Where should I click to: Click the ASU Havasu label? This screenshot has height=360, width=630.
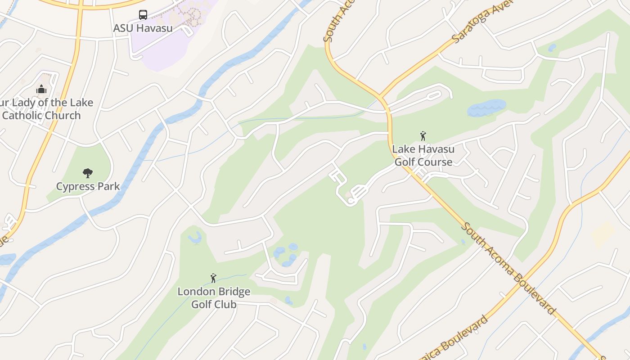(x=143, y=28)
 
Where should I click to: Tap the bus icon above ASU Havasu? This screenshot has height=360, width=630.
(x=143, y=15)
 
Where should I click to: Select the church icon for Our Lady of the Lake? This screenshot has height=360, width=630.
(x=41, y=89)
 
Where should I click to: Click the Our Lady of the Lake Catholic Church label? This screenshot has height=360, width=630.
(x=45, y=109)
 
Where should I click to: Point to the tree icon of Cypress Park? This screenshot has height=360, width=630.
(x=88, y=173)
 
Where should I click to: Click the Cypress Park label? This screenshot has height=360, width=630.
(x=88, y=186)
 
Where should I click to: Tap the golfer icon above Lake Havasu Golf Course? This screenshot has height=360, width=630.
(x=423, y=136)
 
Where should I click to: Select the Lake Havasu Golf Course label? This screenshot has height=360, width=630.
(x=423, y=155)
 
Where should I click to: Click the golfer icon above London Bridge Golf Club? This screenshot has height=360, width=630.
(x=213, y=278)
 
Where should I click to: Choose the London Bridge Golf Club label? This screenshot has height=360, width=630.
(x=214, y=298)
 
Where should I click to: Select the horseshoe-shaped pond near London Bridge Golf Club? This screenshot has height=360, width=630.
(x=195, y=238)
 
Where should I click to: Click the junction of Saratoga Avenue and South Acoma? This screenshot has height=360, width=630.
(x=382, y=97)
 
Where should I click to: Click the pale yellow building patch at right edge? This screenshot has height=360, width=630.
(x=603, y=234)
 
